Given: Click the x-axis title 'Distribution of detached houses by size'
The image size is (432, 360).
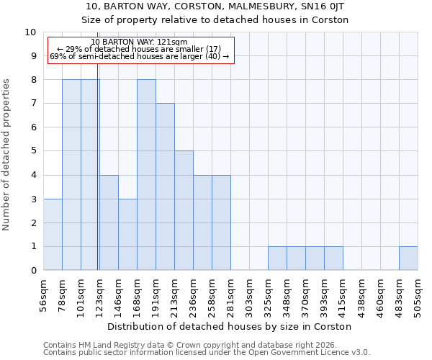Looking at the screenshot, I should coord(230,326).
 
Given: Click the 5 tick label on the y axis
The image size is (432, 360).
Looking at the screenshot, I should coord(32,151).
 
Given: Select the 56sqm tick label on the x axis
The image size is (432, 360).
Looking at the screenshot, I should coord(44,294).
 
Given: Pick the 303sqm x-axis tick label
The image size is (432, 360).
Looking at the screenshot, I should coord(250,294).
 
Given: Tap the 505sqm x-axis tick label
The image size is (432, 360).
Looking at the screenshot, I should coord(418,294).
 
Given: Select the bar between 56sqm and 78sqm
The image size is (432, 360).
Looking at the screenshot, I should coord(53,235).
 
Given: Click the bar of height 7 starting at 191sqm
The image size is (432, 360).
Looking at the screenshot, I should coord(165,187).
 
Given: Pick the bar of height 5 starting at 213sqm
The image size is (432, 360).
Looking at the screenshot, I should coord(184,211).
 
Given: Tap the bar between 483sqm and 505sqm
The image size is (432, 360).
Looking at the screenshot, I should coord(408,258).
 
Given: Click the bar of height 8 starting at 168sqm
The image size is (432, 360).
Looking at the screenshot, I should coord(146,175).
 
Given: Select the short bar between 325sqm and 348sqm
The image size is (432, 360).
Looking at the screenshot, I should coord(277,258).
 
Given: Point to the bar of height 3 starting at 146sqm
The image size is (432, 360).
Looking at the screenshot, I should coord(127,235).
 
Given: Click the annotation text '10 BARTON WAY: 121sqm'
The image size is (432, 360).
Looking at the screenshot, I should coord(140,42).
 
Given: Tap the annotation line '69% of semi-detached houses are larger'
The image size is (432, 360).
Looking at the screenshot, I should coord(140,56).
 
